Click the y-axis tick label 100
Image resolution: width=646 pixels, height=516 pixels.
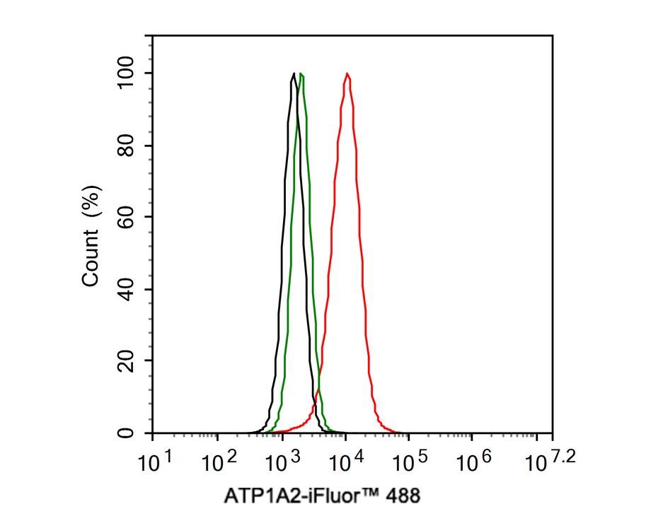127,73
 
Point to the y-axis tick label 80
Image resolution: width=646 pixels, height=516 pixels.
127,146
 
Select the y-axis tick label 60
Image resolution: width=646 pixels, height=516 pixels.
127,218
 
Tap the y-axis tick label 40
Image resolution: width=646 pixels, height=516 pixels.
127,290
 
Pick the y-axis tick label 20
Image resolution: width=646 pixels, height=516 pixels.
127,361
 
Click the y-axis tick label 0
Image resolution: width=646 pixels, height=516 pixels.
127,433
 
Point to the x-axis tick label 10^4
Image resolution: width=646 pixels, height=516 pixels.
346,462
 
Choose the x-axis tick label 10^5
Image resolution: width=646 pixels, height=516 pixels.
410,462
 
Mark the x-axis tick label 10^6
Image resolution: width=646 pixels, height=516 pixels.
475,462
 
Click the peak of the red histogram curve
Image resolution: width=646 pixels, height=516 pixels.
347,74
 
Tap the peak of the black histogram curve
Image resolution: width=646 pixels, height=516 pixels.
293,74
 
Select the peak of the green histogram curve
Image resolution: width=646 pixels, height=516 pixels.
301,74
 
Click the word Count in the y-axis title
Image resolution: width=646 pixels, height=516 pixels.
91,262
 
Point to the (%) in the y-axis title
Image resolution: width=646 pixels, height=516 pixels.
91,202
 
